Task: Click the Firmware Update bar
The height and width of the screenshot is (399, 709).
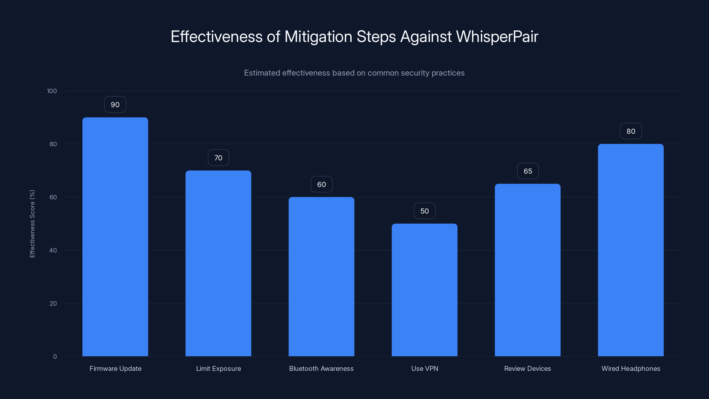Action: [x=115, y=237]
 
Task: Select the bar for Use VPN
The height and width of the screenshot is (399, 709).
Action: [x=425, y=290]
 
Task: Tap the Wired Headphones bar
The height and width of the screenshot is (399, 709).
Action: [x=631, y=250]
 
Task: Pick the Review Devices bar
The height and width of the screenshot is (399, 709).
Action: [x=527, y=270]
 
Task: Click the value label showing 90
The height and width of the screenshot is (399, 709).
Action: [x=115, y=105]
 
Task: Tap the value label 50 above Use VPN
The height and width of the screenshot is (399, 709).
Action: [x=425, y=211]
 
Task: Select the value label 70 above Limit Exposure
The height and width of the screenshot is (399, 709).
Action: [x=218, y=158]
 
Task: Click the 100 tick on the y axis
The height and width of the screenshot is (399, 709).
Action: [x=52, y=91]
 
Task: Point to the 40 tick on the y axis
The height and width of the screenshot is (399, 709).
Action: [x=53, y=250]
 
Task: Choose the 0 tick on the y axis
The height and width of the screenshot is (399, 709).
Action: [x=55, y=357]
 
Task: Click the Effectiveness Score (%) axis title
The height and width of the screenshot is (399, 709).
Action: [x=32, y=224]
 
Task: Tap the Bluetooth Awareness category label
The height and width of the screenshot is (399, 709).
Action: [x=321, y=368]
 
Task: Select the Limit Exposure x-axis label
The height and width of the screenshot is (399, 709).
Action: [x=218, y=368]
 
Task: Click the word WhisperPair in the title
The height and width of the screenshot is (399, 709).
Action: [x=497, y=37]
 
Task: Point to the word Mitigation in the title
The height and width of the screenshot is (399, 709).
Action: [x=318, y=37]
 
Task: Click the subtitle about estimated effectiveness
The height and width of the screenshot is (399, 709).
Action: [x=354, y=73]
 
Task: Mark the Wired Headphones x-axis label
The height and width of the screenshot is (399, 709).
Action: [x=631, y=368]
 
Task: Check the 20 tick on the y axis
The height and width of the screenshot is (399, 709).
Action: [x=53, y=303]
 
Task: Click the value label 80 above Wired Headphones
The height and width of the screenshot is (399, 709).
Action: [x=631, y=131]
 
